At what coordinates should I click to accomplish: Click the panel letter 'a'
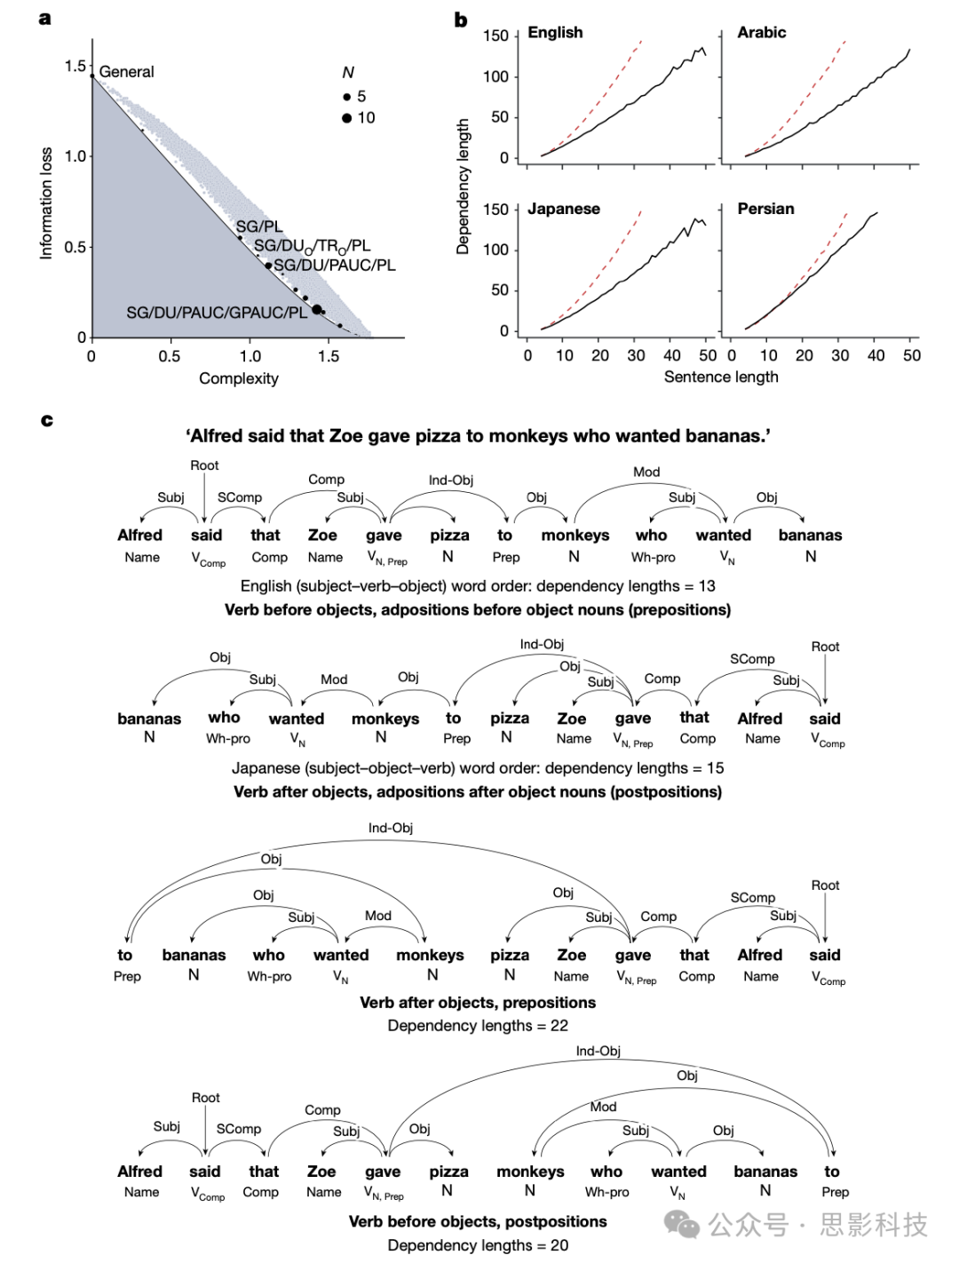pyautogui.click(x=45, y=19)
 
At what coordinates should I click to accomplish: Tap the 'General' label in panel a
pyautogui.click(x=126, y=72)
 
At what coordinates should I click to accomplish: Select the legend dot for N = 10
pyautogui.click(x=347, y=118)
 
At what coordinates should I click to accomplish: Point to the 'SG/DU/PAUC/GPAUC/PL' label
pyautogui.click(x=217, y=313)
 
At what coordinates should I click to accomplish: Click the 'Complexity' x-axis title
pyautogui.click(x=239, y=378)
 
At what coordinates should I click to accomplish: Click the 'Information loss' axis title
pyautogui.click(x=46, y=203)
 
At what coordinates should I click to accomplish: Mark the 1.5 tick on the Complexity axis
pyautogui.click(x=329, y=356)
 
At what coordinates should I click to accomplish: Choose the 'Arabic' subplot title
pyautogui.click(x=761, y=33)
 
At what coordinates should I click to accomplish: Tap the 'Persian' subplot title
pyautogui.click(x=765, y=210)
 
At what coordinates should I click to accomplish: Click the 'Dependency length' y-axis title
pyautogui.click(x=463, y=187)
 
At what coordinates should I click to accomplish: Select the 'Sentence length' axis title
pyautogui.click(x=721, y=377)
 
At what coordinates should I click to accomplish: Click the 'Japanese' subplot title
pyautogui.click(x=564, y=210)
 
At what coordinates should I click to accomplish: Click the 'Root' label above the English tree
pyautogui.click(x=204, y=465)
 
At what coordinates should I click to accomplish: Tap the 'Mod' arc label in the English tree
pyautogui.click(x=646, y=472)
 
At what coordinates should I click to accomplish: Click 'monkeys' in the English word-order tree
pyautogui.click(x=575, y=536)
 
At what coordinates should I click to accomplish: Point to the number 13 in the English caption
pyautogui.click(x=707, y=586)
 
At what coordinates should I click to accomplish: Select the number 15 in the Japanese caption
pyautogui.click(x=715, y=768)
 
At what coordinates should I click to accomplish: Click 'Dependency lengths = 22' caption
pyautogui.click(x=478, y=1026)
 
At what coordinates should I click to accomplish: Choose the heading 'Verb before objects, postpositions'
pyautogui.click(x=478, y=1222)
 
